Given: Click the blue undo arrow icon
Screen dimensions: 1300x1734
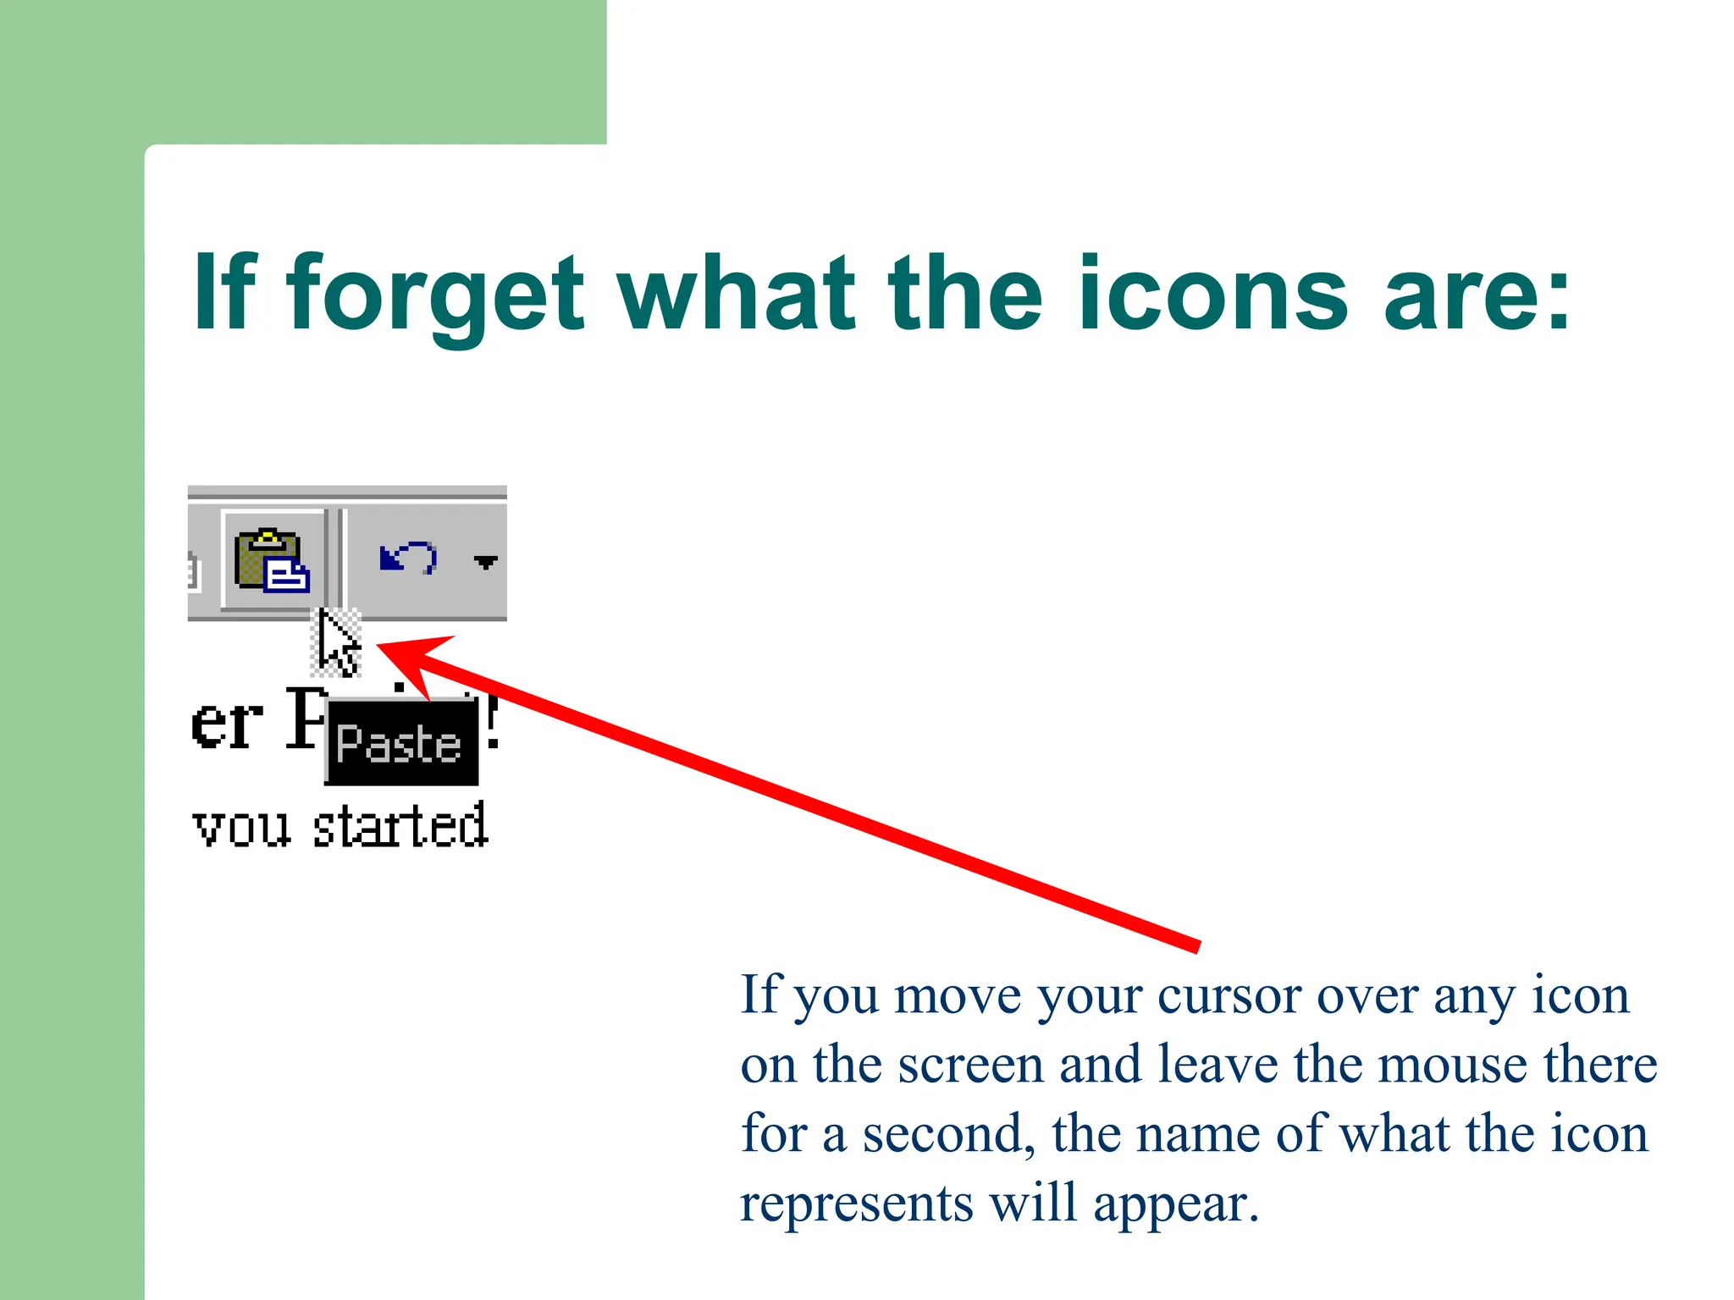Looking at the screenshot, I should pos(408,559).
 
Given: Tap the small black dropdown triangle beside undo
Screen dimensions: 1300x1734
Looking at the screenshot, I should pos(485,562).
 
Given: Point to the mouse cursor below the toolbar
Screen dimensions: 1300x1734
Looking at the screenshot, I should pos(337,643).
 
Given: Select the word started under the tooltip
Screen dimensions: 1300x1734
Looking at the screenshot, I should pos(400,827).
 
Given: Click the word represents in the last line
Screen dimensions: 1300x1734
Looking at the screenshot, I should pos(857,1204).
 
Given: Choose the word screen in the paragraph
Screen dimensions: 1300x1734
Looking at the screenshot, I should pos(970,1066).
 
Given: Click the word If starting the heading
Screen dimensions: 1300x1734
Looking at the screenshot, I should pos(224,294).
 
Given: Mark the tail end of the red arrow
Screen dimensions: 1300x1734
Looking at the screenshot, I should pos(1197,946).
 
